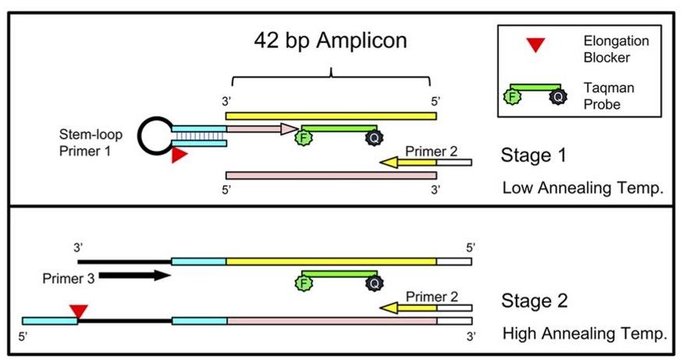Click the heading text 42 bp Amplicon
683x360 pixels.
[x=330, y=41]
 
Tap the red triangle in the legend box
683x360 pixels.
[x=535, y=45]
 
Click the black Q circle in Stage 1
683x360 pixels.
[x=373, y=138]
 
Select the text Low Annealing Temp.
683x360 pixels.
[x=579, y=187]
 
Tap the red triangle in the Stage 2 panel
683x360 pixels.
[x=77, y=312]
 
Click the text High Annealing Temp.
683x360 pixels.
[x=585, y=334]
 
